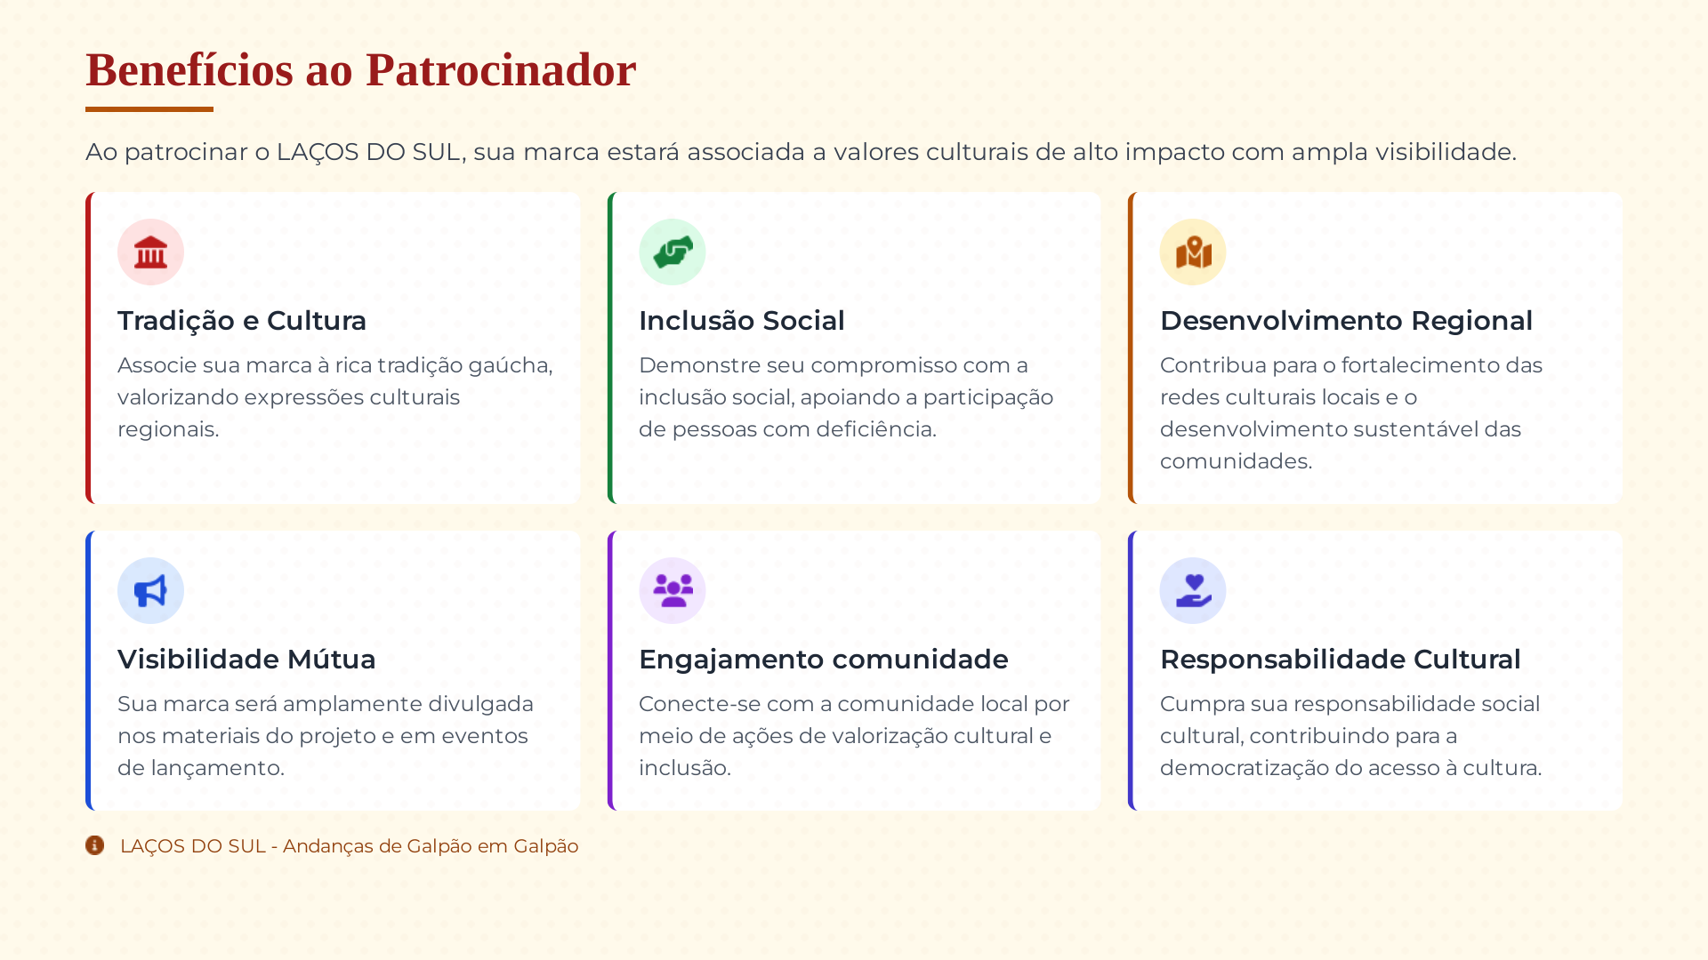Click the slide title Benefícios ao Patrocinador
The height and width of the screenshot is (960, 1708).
pos(360,70)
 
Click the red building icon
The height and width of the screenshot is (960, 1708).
pos(150,252)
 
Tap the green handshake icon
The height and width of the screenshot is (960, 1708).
pos(673,252)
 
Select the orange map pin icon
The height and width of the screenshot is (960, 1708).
pos(1193,252)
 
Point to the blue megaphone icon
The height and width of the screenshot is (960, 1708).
pos(150,591)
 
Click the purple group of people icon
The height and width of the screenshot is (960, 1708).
pos(673,591)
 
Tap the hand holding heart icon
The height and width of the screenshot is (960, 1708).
pos(1193,591)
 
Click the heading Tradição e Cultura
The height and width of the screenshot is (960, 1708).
pos(242,321)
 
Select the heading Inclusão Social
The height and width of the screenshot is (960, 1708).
pos(741,321)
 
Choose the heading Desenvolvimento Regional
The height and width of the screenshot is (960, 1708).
pos(1346,321)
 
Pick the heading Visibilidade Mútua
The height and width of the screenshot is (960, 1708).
pos(246,660)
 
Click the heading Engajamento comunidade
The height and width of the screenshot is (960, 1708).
pos(823,660)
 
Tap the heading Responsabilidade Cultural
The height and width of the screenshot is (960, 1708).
pos(1340,660)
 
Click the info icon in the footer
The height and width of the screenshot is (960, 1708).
pos(95,845)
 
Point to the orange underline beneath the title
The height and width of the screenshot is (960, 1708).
pos(149,109)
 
